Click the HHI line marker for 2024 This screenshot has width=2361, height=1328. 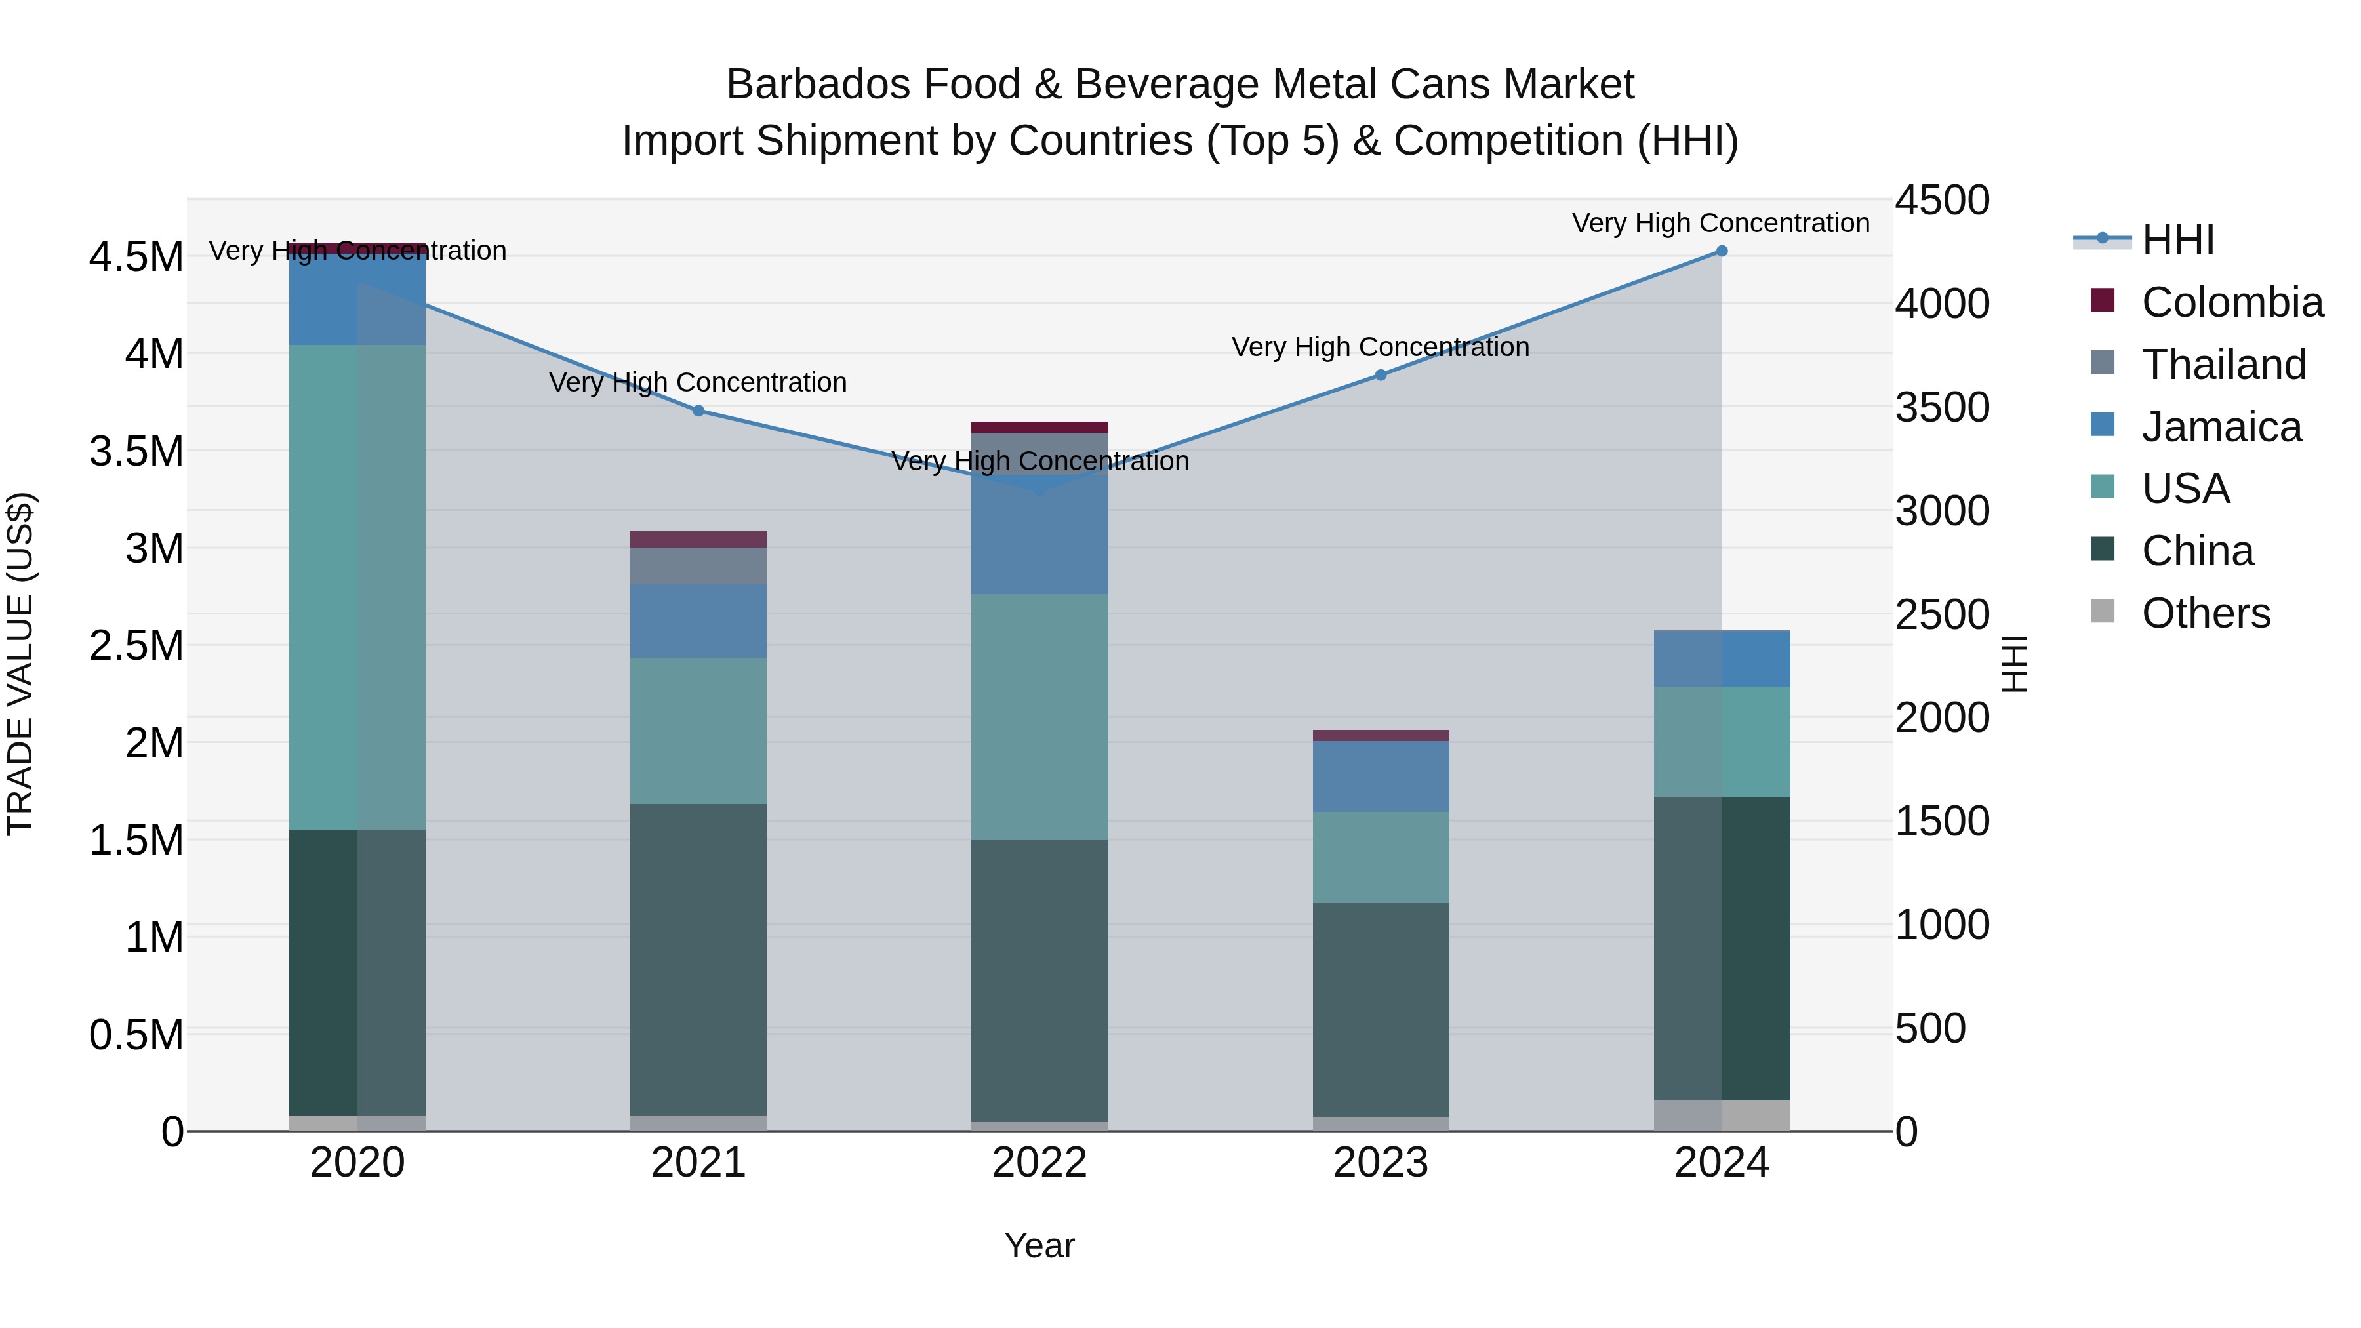point(1722,251)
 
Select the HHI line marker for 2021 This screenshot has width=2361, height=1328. point(698,411)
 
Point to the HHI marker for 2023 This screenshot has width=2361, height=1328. point(1381,375)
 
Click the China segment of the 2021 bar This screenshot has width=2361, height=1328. point(698,957)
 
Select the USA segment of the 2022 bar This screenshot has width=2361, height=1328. point(1039,717)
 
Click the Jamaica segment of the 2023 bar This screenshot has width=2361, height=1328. point(1381,775)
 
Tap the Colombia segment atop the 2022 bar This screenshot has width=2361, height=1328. point(1039,427)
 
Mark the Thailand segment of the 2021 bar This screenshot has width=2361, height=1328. point(698,565)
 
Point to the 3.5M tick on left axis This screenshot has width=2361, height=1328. point(136,452)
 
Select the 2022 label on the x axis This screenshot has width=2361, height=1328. point(1039,1163)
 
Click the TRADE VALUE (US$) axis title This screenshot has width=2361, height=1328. point(20,664)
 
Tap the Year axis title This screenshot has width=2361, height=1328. point(1039,1245)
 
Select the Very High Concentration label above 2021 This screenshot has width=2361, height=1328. point(698,382)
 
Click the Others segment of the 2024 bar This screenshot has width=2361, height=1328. point(1722,1116)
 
